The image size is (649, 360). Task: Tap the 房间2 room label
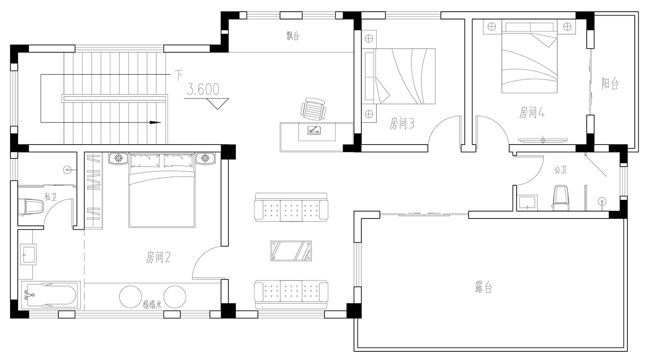158,257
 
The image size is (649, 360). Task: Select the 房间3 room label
402,123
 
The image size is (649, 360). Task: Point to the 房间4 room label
532,112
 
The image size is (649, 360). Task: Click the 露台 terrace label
484,287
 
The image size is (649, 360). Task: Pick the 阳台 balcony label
610,83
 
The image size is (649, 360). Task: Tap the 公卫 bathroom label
561,170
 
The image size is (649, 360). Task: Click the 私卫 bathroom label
51,197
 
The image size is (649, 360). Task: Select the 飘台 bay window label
292,35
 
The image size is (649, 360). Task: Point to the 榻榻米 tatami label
152,305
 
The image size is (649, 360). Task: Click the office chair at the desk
313,109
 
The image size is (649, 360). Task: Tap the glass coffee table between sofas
291,251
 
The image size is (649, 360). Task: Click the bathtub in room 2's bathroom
51,295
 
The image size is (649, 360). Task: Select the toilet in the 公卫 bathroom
561,198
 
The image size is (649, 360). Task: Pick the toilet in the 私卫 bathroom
31,206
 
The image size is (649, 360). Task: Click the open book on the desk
314,130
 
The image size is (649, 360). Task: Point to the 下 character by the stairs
178,75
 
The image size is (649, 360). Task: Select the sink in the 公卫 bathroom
527,202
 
